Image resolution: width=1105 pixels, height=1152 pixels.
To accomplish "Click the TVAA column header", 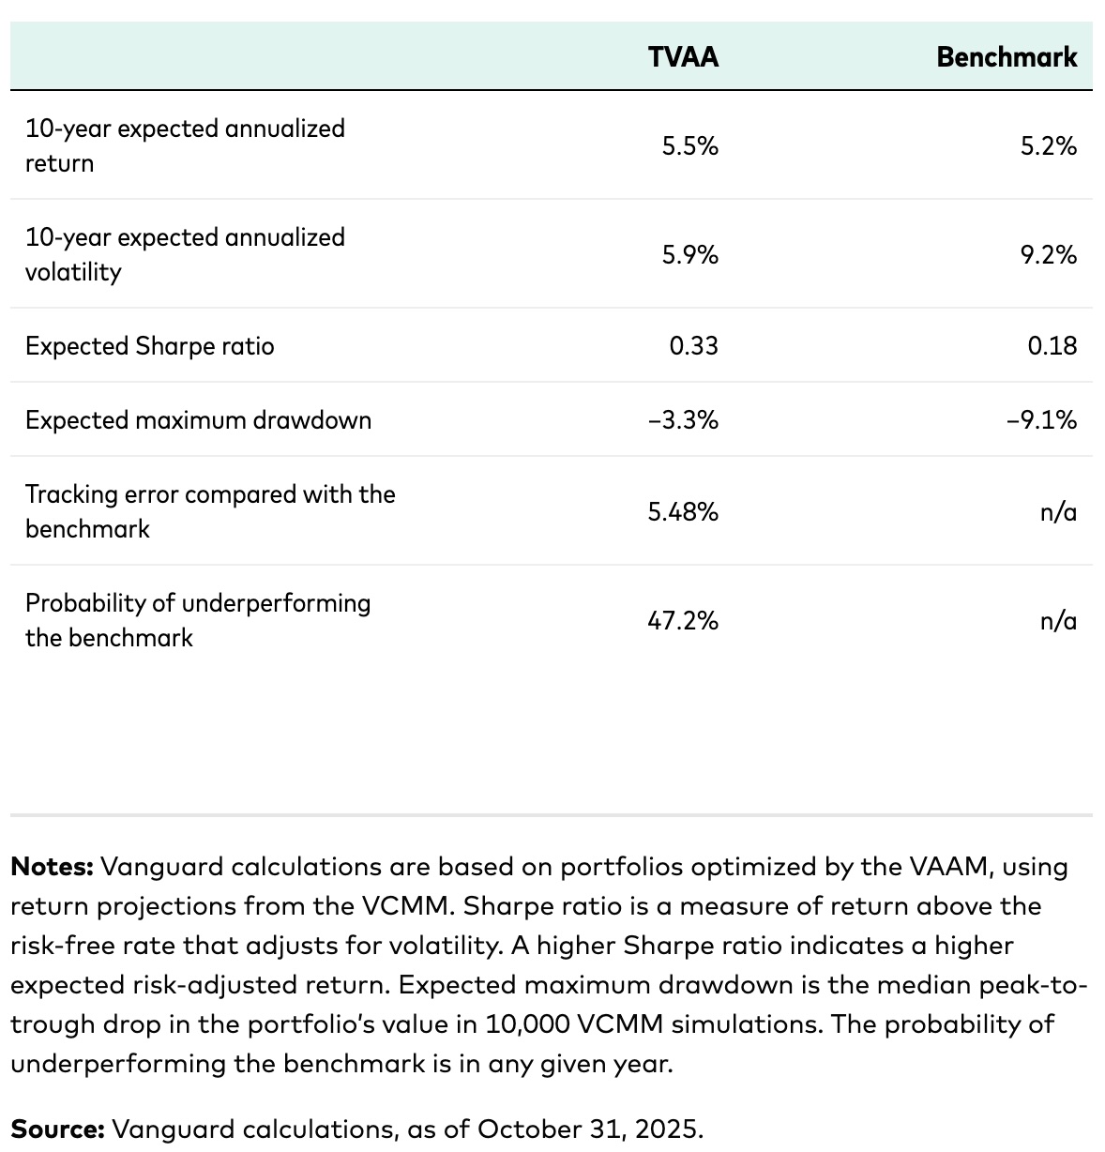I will pyautogui.click(x=683, y=57).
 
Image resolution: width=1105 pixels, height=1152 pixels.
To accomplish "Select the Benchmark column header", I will pyautogui.click(x=1007, y=57).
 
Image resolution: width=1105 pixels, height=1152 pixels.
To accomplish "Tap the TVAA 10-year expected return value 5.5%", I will pyautogui.click(x=689, y=145).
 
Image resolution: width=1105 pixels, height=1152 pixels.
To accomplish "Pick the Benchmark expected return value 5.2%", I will pyautogui.click(x=1048, y=145).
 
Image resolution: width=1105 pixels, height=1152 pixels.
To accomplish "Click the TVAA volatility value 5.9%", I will pyautogui.click(x=689, y=254).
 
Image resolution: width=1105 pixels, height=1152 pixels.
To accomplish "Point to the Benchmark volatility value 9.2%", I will pyautogui.click(x=1048, y=254).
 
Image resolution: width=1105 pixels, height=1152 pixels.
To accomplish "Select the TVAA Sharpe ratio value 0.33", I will pyautogui.click(x=693, y=346).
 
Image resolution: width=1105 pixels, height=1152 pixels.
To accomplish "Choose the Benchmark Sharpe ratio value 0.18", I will pyautogui.click(x=1052, y=346).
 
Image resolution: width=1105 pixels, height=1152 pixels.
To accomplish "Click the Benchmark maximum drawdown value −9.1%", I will pyautogui.click(x=1041, y=420).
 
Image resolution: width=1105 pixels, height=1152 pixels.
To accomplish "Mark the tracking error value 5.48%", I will pyautogui.click(x=683, y=511).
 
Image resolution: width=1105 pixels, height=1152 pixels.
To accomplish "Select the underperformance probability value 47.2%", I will pyautogui.click(x=683, y=620).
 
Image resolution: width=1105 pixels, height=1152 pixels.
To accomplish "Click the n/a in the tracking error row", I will pyautogui.click(x=1058, y=511).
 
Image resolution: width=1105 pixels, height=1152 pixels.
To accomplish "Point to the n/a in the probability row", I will pyautogui.click(x=1058, y=620).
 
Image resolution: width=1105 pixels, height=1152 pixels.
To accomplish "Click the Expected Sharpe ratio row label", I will pyautogui.click(x=150, y=346).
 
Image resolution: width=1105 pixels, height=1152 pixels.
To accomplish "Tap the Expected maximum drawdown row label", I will pyautogui.click(x=198, y=420).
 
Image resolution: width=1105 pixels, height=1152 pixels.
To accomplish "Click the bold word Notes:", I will pyautogui.click(x=52, y=866).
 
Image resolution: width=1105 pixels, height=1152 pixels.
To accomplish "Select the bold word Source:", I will pyautogui.click(x=57, y=1129).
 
